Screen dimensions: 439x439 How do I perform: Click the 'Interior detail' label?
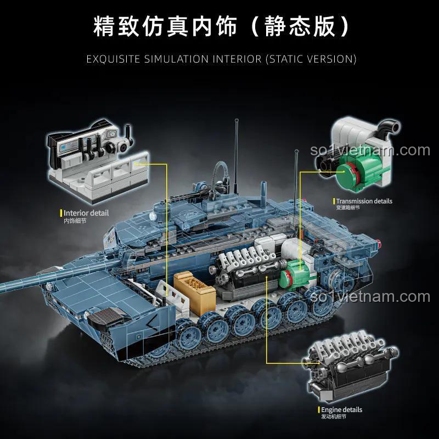pos(86,213)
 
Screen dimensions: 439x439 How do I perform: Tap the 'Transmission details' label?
pos(364,201)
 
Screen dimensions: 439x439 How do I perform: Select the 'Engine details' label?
pos(341,410)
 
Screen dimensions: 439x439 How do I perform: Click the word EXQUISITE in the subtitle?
pos(113,59)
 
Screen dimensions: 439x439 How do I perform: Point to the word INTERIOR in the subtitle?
pos(237,59)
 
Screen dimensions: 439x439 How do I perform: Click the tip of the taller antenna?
pos(237,120)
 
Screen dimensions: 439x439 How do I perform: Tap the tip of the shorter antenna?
pos(296,152)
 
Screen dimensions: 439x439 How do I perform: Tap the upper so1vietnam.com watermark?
pos(370,150)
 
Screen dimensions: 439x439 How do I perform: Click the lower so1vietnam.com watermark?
pos(370,296)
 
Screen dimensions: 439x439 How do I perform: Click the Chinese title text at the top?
pos(221,26)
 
